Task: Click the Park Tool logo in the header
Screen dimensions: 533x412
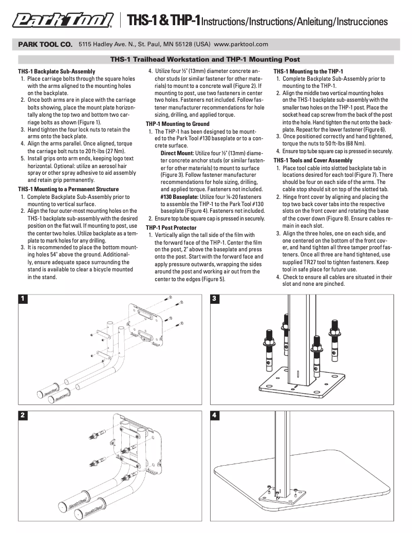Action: [x=63, y=21]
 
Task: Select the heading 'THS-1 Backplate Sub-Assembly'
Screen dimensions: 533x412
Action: [x=57, y=71]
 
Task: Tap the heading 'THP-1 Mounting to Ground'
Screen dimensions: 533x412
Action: [x=177, y=124]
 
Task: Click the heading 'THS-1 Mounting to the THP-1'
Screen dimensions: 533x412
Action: [x=308, y=71]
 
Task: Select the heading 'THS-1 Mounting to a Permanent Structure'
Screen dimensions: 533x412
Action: [x=68, y=189]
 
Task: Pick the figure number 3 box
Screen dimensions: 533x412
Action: [x=215, y=298]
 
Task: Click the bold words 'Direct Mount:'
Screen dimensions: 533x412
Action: [x=177, y=153]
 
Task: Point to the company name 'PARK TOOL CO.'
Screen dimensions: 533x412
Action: [x=45, y=45]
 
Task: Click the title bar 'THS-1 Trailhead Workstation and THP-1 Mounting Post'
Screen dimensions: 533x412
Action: [x=205, y=60]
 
